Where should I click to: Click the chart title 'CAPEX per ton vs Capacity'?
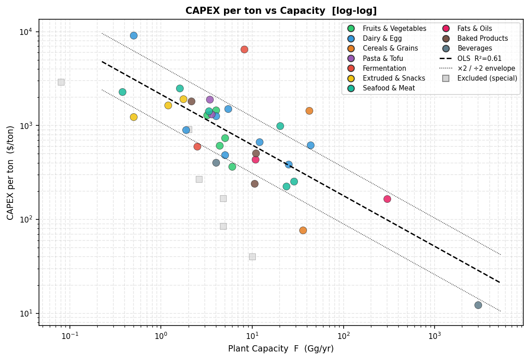[x=281, y=11]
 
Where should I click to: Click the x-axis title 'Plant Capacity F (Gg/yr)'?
[x=281, y=349]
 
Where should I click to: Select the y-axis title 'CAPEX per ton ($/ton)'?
[x=11, y=172]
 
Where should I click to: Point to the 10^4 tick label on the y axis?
[x=28, y=32]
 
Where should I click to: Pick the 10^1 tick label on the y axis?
[x=28, y=313]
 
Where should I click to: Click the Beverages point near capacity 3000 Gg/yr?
[x=478, y=305]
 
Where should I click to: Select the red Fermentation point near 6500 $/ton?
[x=244, y=49]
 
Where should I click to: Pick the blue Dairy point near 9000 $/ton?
[x=134, y=35]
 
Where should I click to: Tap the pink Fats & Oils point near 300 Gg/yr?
[x=387, y=199]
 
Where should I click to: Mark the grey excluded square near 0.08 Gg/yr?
[x=61, y=82]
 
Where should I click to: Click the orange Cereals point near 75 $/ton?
[x=303, y=230]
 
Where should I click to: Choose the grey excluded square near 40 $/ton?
[x=252, y=257]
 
